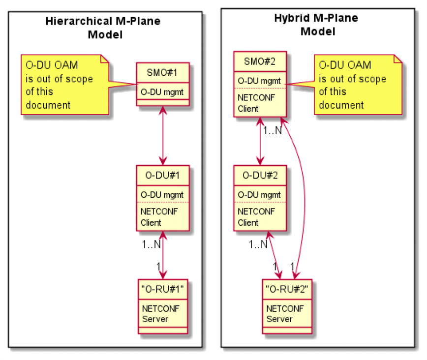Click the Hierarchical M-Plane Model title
[x=103, y=28]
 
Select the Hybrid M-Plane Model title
[x=316, y=25]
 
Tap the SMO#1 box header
[x=162, y=73]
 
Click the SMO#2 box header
[x=260, y=61]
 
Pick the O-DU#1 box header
[x=162, y=176]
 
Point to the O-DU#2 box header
[x=260, y=176]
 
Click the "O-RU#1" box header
[x=162, y=289]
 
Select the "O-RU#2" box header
[x=287, y=289]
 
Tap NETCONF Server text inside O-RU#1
[x=161, y=314]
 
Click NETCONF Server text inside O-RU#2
[x=285, y=314]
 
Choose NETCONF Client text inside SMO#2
[x=256, y=103]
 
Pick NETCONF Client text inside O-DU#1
[x=159, y=217]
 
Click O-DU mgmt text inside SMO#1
[x=162, y=92]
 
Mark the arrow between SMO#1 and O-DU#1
[x=163, y=136]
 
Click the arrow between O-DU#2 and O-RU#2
[x=274, y=255]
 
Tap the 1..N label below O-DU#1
[x=151, y=244]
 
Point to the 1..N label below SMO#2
[x=273, y=130]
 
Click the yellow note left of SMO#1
[x=65, y=85]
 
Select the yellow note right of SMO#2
[x=358, y=85]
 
